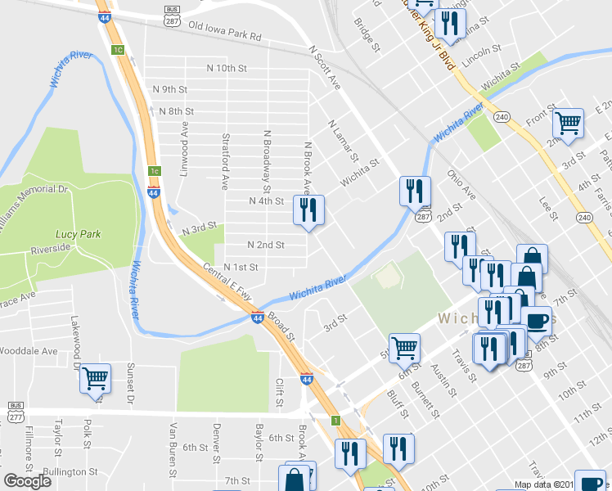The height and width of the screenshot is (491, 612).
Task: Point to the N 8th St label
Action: click(x=176, y=111)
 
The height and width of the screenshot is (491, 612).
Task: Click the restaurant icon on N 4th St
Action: click(x=308, y=211)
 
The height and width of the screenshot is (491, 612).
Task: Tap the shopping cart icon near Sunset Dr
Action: click(x=96, y=378)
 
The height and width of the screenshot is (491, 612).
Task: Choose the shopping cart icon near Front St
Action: click(x=568, y=124)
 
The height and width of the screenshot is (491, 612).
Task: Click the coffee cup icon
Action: click(x=537, y=320)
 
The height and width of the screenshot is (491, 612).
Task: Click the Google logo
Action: click(x=27, y=480)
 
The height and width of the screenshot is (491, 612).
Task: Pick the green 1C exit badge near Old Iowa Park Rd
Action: click(x=118, y=50)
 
